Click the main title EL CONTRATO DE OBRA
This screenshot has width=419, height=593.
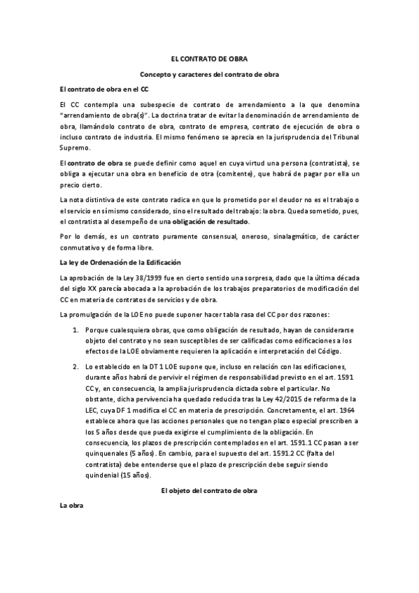(x=210, y=60)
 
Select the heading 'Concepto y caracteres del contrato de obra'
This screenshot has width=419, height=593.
(x=210, y=75)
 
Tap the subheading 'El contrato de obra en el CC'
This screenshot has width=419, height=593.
(x=104, y=90)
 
